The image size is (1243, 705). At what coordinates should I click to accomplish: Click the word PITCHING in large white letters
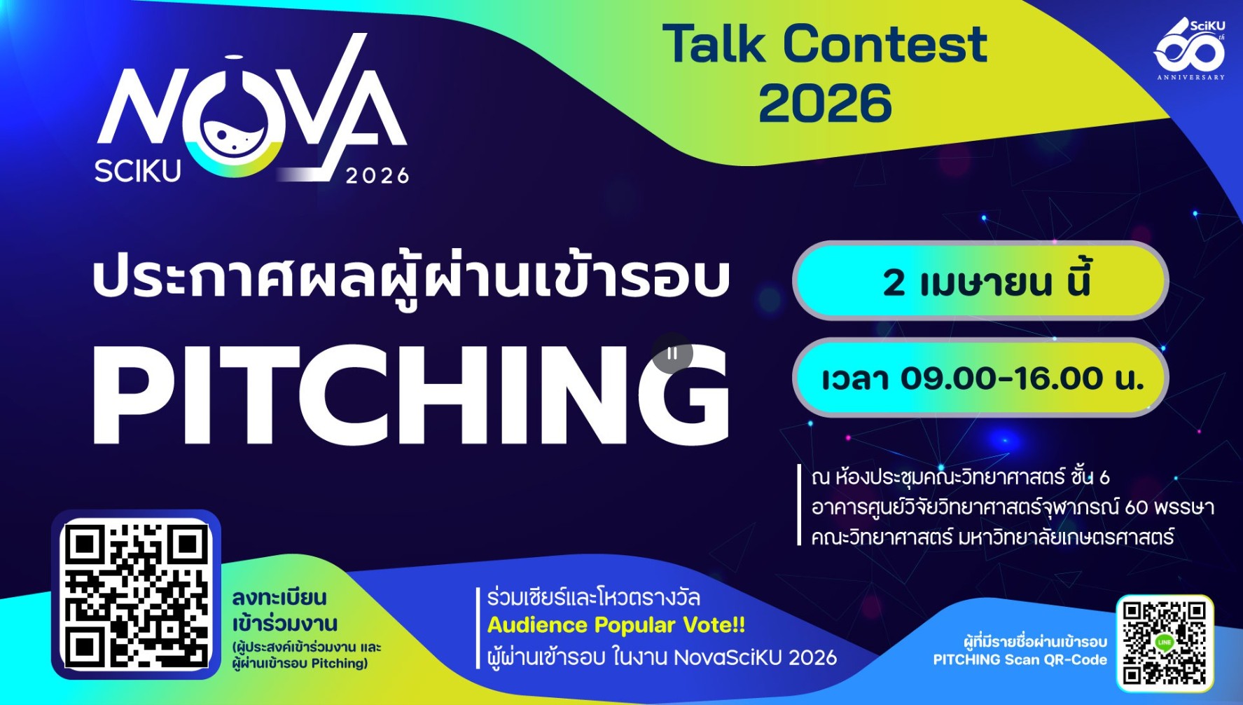pos(411,395)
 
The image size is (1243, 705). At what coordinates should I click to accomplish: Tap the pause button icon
pos(672,353)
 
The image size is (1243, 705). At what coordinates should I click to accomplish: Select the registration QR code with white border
pos(137,595)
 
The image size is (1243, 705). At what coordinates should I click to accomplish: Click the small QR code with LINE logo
pos(1165,642)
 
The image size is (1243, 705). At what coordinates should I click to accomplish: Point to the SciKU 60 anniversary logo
pos(1189,49)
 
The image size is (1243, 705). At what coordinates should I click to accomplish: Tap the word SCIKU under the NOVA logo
pos(138,171)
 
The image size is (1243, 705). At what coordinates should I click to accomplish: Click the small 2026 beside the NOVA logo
pos(377,175)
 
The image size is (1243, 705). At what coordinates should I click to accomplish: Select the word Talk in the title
pos(715,43)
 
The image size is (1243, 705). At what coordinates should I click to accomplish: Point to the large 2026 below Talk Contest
pos(825,103)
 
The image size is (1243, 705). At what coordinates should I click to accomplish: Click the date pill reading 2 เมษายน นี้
pos(980,281)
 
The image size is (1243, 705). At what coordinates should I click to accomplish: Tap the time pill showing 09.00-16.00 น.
pos(980,378)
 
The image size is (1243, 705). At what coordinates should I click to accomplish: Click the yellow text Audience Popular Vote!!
pos(616,624)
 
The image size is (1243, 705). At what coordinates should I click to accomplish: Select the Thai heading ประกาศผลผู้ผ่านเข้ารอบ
pos(412,278)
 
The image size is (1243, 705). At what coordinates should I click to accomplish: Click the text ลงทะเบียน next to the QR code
pos(279,598)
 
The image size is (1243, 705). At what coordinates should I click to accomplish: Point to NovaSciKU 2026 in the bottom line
pos(755,657)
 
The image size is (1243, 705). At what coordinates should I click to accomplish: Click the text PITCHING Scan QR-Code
pos(1020,659)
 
